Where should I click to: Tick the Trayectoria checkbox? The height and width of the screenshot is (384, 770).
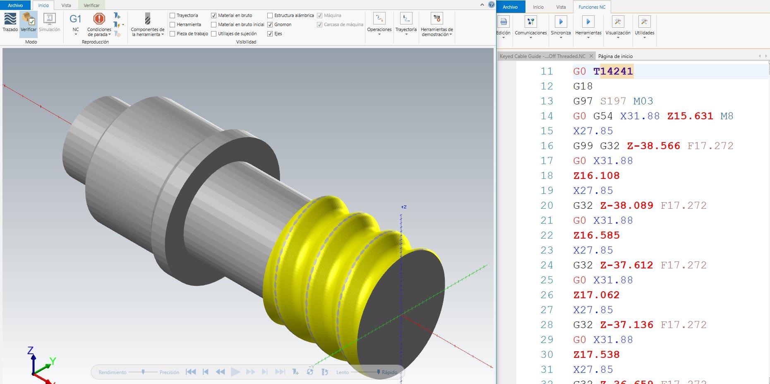[x=173, y=16]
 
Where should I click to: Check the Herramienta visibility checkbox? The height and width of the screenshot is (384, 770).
[x=173, y=25]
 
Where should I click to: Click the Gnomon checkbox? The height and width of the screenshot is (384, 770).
[x=270, y=25]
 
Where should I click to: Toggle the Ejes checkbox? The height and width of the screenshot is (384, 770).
[x=270, y=34]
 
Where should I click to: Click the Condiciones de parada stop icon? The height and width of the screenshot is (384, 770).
[x=99, y=19]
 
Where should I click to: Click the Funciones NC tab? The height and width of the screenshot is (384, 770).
[x=592, y=7]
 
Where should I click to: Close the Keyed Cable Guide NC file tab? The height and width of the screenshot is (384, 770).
[x=591, y=56]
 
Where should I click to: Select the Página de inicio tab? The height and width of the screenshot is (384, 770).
[x=615, y=56]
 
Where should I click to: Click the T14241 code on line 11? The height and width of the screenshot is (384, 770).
[x=613, y=71]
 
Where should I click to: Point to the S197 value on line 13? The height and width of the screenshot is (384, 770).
[x=613, y=101]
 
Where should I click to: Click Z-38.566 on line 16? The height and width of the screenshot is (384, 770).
[x=653, y=146]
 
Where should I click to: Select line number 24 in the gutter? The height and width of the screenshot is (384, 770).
[x=547, y=265]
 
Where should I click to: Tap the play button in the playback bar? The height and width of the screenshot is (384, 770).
[x=235, y=372]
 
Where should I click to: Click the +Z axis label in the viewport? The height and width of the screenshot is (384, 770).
[x=403, y=207]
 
